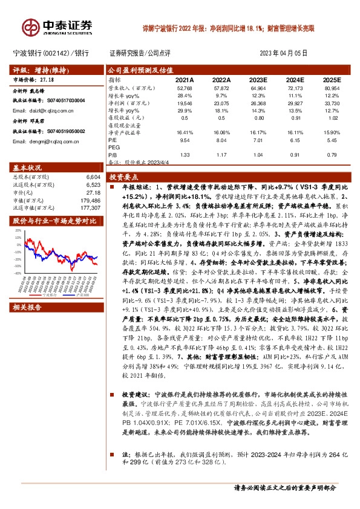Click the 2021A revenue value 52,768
coord(184,88)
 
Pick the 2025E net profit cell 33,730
coord(332,103)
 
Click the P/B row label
coord(113,154)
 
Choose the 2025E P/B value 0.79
coord(332,154)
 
